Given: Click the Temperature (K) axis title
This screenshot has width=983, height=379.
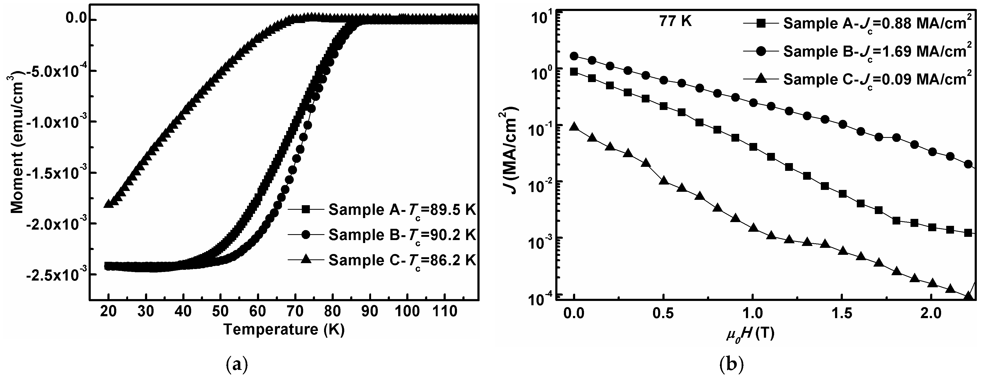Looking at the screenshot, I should tap(284, 329).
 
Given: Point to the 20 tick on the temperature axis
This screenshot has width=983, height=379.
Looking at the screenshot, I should tap(109, 311).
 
